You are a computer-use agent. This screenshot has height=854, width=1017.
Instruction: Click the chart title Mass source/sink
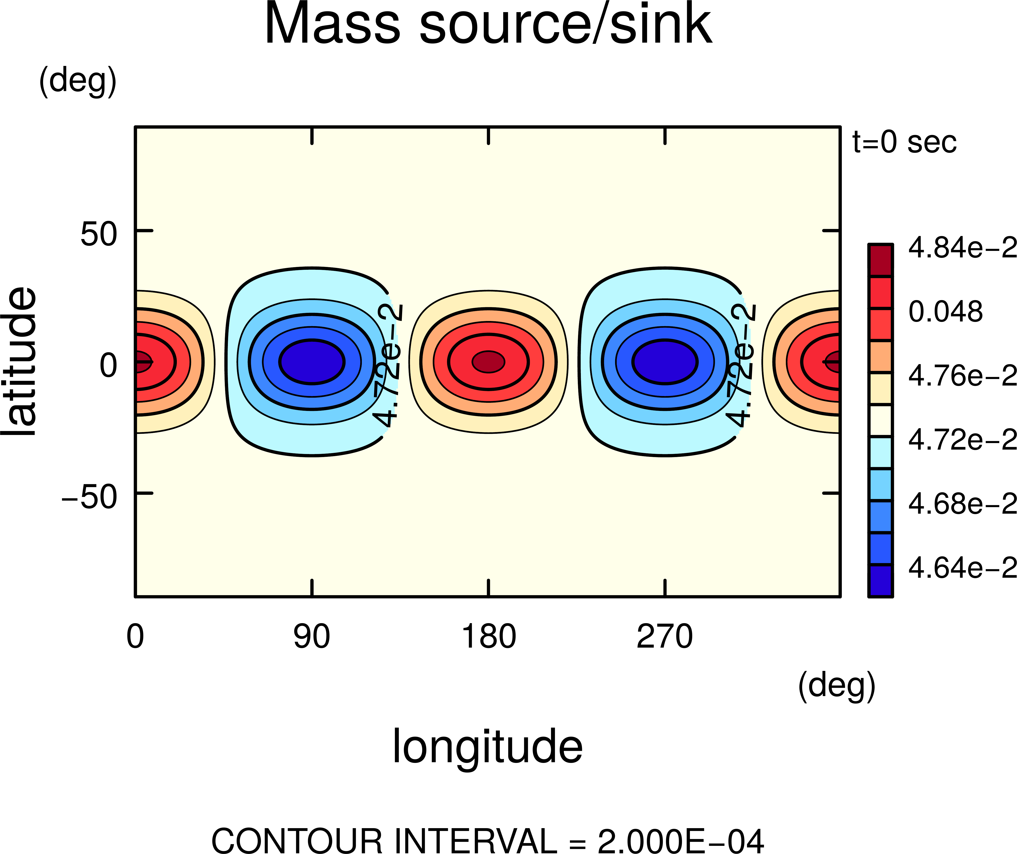(488, 24)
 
